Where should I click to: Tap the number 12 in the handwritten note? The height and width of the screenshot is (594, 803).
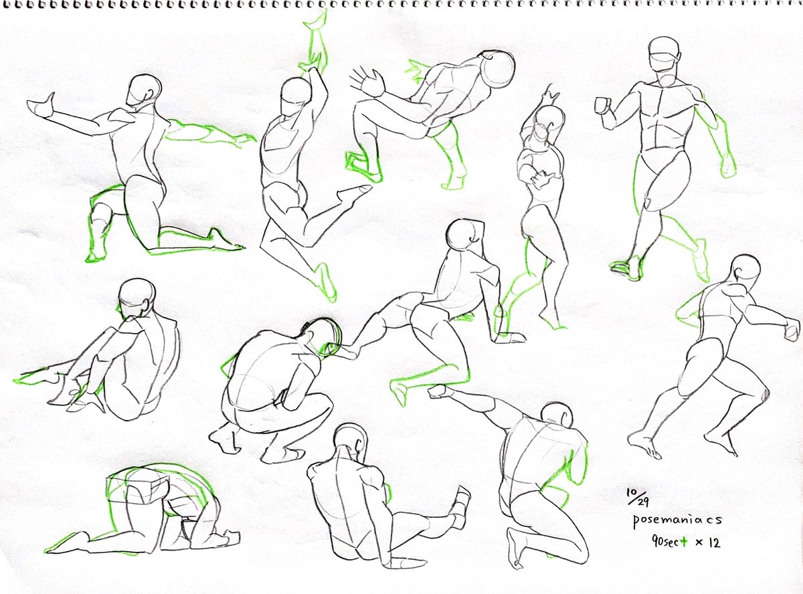pyautogui.click(x=713, y=543)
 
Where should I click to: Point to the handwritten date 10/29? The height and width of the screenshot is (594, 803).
pyautogui.click(x=638, y=497)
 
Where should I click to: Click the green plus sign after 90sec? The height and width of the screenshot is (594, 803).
pyautogui.click(x=683, y=542)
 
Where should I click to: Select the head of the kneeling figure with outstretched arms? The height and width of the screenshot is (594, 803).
pyautogui.click(x=144, y=90)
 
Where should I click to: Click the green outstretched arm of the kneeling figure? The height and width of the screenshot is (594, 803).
pyautogui.click(x=208, y=133)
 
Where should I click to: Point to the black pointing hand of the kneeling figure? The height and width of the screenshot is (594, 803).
pyautogui.click(x=41, y=105)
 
